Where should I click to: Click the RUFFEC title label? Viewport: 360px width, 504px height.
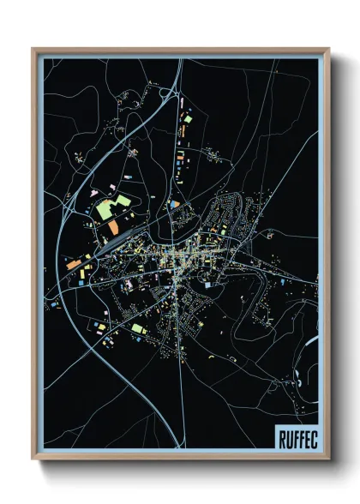coord(296,436)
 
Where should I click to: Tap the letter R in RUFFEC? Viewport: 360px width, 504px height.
coord(282,436)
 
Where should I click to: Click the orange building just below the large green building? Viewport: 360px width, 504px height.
coord(112,227)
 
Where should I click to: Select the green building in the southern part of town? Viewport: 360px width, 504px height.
coord(138,328)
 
